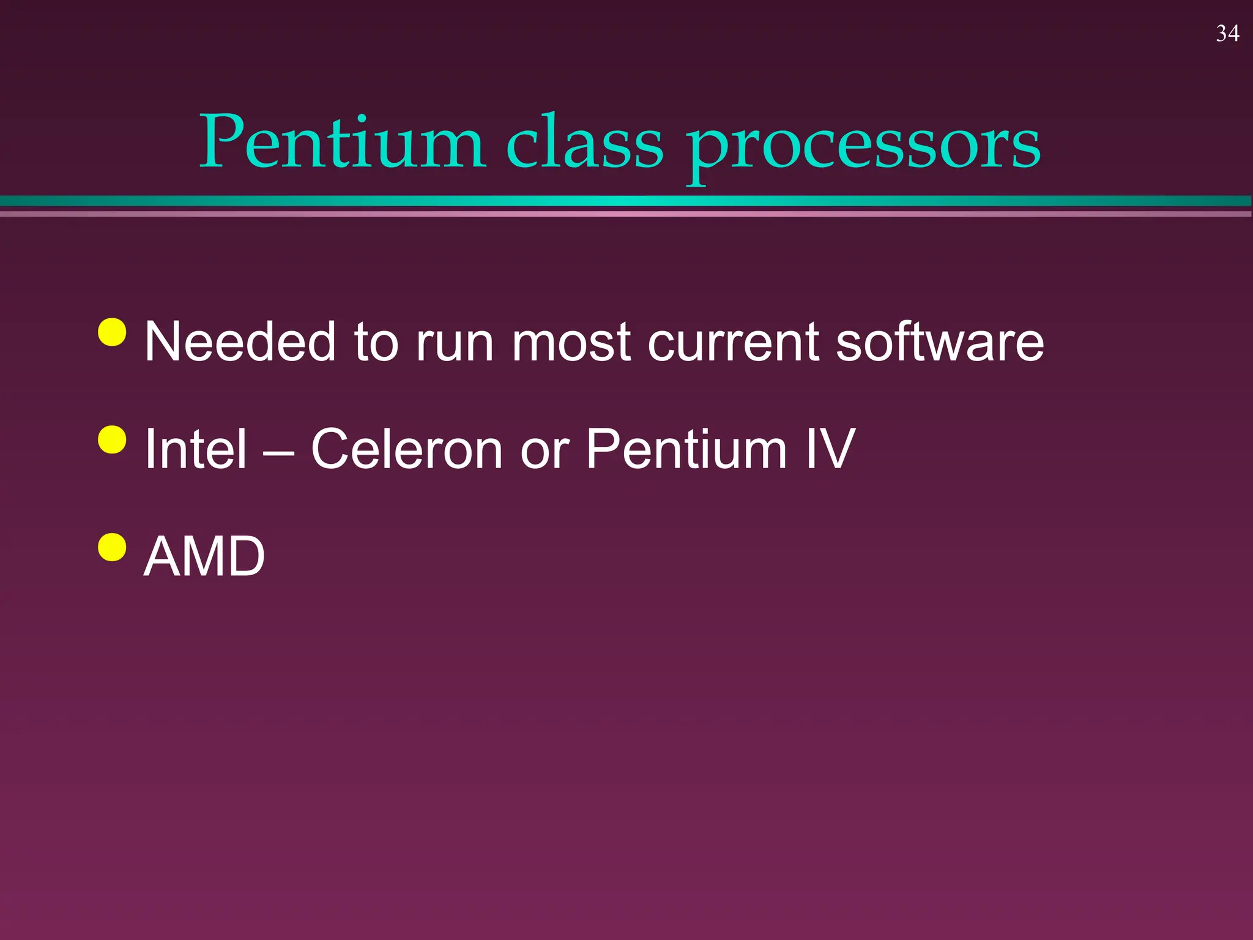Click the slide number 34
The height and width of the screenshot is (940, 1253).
1227,34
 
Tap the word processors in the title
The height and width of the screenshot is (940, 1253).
863,147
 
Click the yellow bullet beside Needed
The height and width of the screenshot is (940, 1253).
112,332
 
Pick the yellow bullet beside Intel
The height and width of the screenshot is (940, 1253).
112,439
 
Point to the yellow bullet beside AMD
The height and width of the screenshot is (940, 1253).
112,546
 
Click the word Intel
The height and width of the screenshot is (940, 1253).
196,449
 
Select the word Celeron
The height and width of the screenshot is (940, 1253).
407,449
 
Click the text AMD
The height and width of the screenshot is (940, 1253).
204,556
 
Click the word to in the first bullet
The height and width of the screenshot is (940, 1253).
376,343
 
